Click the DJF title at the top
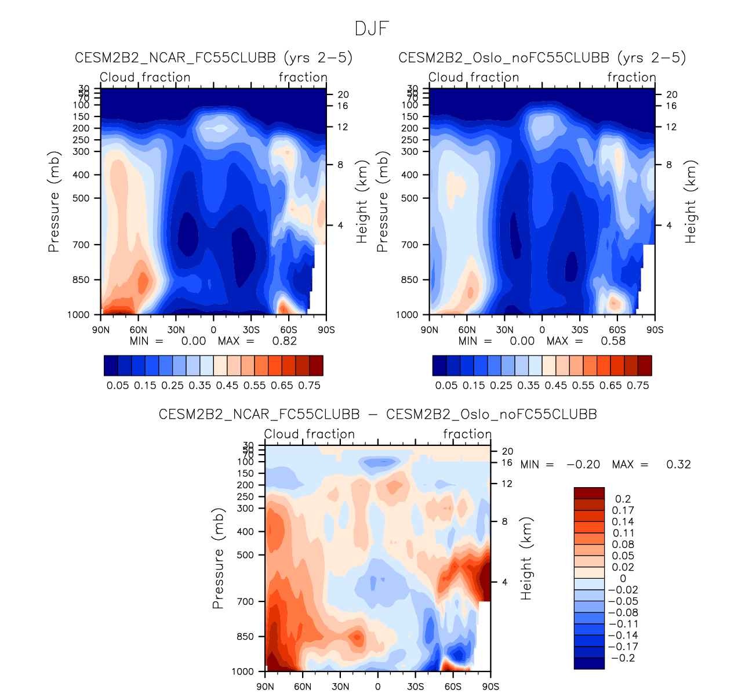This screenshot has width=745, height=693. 372,28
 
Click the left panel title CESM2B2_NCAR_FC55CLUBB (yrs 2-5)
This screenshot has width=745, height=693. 213,58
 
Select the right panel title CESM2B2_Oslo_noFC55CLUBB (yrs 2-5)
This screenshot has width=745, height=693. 542,58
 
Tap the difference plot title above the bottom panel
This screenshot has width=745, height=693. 377,415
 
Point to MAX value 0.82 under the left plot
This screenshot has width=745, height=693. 284,341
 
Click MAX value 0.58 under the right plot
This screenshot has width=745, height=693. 613,341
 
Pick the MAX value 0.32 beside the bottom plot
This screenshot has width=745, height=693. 678,465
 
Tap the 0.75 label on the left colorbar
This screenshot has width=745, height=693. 309,386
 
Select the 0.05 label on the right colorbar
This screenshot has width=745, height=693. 446,386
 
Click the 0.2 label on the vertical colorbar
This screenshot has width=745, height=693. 623,499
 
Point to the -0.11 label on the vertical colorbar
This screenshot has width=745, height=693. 623,624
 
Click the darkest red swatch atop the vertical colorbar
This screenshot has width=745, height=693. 589,493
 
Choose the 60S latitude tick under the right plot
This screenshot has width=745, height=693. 617,330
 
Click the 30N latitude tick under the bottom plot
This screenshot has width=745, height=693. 340,687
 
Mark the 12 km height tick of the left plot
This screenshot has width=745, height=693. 343,127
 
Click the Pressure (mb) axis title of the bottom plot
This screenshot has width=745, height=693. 218,560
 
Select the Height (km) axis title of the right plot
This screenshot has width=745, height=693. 691,202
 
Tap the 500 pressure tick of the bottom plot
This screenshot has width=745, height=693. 245,555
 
